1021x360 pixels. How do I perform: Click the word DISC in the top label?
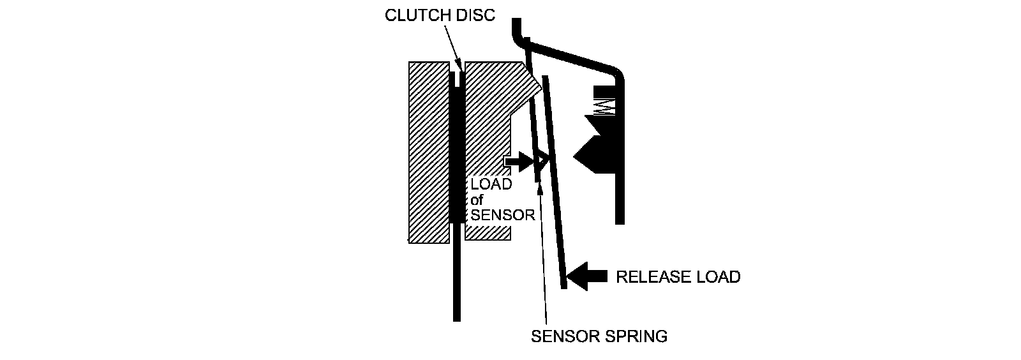click(x=475, y=15)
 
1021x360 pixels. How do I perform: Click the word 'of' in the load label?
click(x=477, y=200)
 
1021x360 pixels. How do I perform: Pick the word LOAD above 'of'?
click(x=491, y=184)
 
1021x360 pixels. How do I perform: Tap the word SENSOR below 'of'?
click(x=502, y=215)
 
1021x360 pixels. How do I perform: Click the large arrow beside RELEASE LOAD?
click(x=586, y=276)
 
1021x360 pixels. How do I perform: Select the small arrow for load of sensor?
click(x=518, y=161)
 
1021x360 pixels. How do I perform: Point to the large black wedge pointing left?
click(x=597, y=153)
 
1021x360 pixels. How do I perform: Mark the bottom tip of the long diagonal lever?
click(x=563, y=285)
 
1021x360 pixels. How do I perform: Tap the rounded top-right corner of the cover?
click(x=616, y=71)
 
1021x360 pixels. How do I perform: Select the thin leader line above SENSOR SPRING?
click(x=544, y=255)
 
